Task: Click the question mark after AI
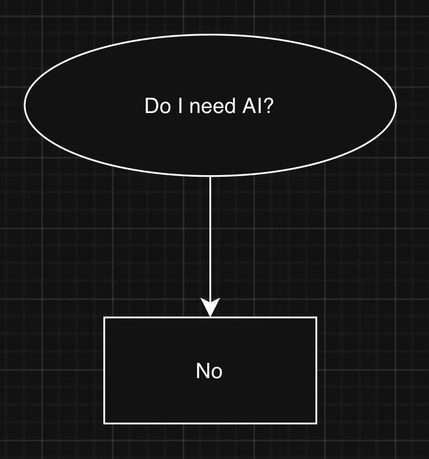[x=269, y=106]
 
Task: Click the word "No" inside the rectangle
[x=209, y=371]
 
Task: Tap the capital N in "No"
[x=204, y=371]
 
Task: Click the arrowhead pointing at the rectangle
[x=210, y=308]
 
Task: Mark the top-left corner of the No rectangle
[x=104, y=318]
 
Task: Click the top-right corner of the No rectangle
[x=316, y=318]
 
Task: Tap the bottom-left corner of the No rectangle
[x=104, y=423]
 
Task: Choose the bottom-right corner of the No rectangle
[x=316, y=423]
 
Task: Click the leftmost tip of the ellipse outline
[x=25, y=106]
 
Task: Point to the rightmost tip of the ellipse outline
[x=396, y=106]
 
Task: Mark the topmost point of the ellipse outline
[x=210, y=35]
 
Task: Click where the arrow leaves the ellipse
[x=210, y=176]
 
